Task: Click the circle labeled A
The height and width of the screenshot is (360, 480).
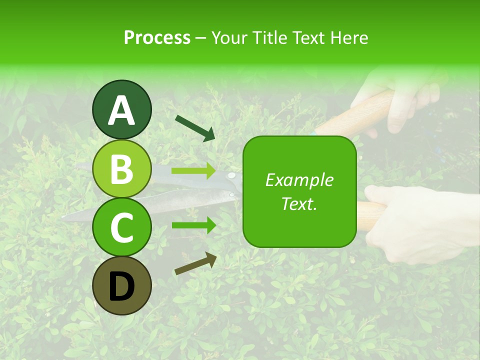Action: click(x=121, y=109)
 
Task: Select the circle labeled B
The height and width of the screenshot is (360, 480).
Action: click(x=121, y=168)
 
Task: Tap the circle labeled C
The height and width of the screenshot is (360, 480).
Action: click(x=121, y=227)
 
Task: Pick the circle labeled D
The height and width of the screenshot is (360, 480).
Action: click(x=121, y=285)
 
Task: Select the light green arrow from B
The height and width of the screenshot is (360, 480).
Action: click(x=193, y=171)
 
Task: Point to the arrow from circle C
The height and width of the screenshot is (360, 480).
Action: click(x=193, y=225)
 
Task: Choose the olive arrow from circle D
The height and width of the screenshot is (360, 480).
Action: click(x=195, y=263)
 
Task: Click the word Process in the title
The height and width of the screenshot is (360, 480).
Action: click(x=157, y=37)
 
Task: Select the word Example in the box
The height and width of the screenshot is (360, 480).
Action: click(x=299, y=180)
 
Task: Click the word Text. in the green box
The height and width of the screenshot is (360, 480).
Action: click(x=299, y=203)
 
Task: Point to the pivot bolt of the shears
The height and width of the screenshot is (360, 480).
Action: click(x=231, y=175)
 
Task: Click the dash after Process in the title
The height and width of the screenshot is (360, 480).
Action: click(x=201, y=38)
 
